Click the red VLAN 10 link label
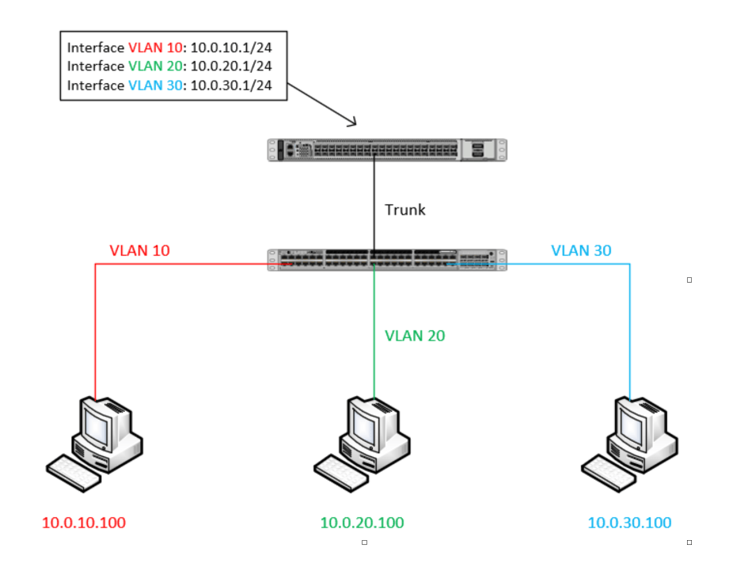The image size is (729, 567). point(139,251)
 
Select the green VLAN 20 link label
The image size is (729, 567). point(415,336)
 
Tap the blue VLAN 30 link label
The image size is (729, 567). point(581,251)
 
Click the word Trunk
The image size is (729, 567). point(404,210)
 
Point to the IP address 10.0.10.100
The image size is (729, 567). point(84,523)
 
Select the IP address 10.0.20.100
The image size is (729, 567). point(362,523)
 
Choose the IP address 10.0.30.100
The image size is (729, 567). point(629,523)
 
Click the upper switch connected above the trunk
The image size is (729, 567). point(386,150)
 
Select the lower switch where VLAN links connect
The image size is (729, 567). point(386,260)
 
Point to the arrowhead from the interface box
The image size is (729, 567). point(352,122)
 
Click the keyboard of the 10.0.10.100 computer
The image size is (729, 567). point(74,473)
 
